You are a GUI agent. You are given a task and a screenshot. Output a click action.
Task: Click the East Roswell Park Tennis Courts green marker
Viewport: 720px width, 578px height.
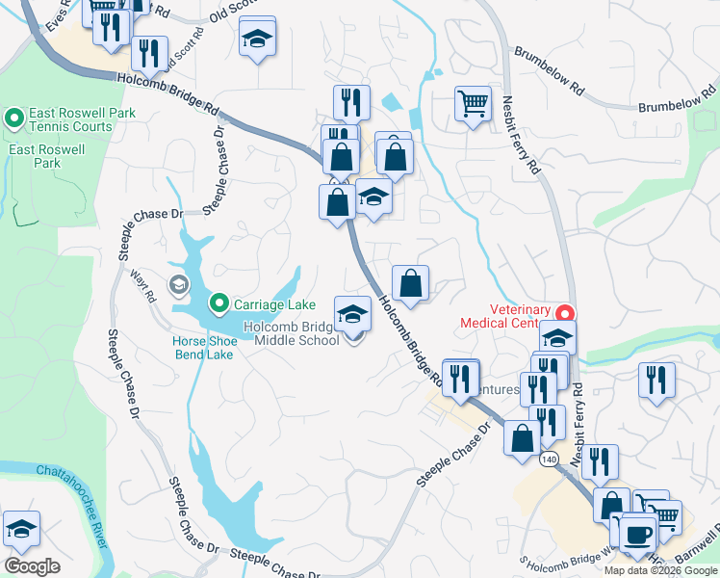14,119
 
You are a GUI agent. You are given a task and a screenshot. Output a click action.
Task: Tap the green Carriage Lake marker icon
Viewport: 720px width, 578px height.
219,304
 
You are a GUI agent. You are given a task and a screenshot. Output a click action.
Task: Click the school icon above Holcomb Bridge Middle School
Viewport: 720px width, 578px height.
353,314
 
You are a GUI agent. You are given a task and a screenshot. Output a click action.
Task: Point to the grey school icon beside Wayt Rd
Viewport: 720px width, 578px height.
178,284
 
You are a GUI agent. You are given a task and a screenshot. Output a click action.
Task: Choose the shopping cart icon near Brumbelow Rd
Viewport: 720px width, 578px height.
473,103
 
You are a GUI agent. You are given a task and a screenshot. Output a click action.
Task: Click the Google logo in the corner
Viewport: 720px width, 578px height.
32,565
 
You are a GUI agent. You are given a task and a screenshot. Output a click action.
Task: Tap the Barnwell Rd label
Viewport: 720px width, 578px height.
700,548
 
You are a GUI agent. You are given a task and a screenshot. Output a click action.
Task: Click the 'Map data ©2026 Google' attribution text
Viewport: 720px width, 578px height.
660,570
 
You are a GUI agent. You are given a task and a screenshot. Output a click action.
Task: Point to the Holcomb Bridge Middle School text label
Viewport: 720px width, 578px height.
291,333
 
